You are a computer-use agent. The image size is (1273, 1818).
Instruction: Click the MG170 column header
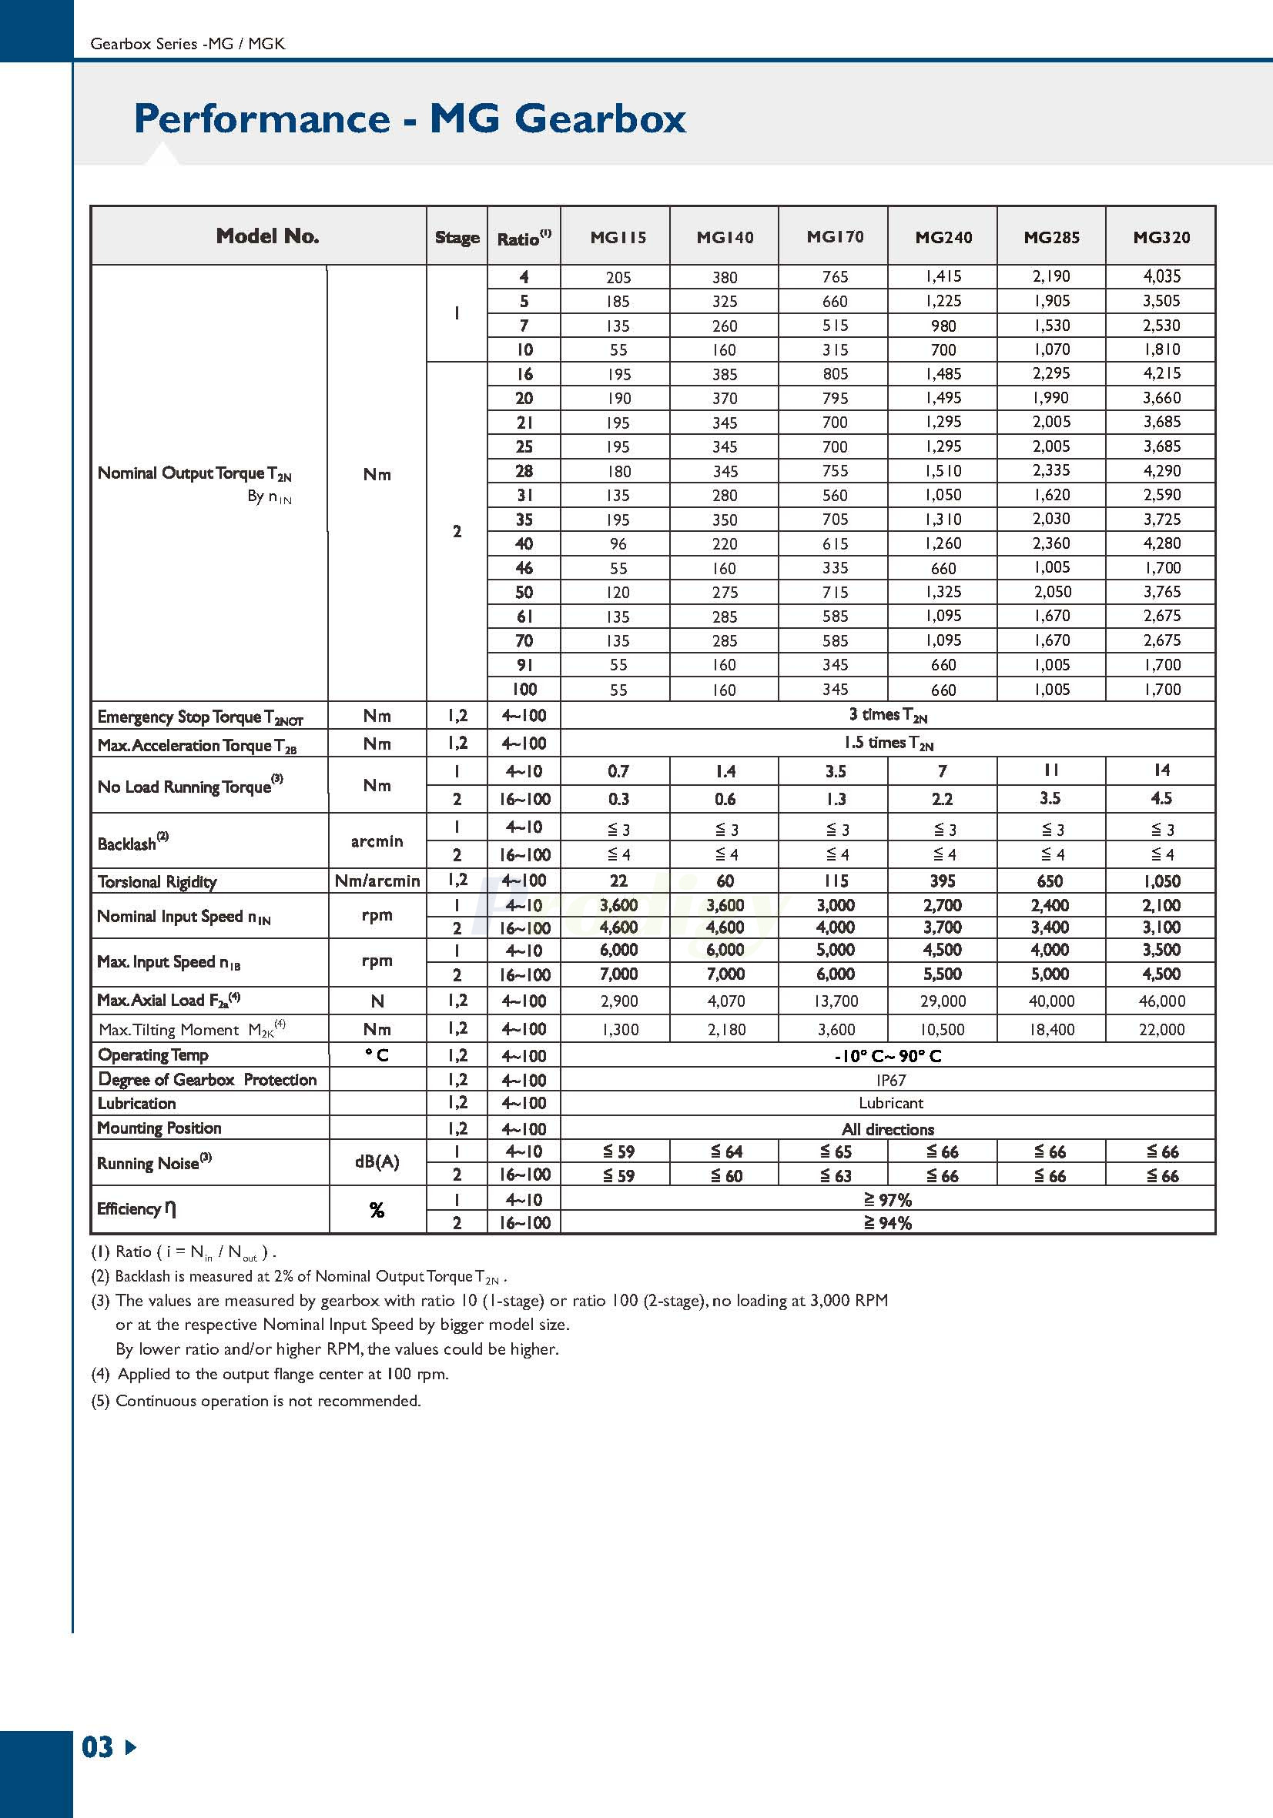[x=834, y=236]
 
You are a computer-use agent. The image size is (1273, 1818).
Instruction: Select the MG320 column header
[x=1161, y=237]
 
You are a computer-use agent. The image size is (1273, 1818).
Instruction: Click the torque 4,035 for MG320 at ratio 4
[x=1161, y=276]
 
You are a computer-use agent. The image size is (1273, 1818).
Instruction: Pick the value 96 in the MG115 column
[x=618, y=544]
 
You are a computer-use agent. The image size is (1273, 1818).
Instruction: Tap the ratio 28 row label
[x=524, y=471]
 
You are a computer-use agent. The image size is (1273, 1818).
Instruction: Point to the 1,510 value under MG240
[x=943, y=471]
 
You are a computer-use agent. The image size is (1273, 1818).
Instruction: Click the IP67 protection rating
[x=890, y=1080]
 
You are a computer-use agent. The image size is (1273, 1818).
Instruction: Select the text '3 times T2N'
[x=887, y=715]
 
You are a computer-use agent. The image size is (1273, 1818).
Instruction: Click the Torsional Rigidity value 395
[x=942, y=881]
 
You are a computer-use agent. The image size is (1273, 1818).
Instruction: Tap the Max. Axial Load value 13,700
[x=835, y=1001]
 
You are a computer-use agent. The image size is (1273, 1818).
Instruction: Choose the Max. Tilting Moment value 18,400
[x=1051, y=1029]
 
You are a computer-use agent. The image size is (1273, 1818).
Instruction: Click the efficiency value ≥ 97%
[x=887, y=1201]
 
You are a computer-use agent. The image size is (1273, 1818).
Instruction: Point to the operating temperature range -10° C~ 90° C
[x=887, y=1056]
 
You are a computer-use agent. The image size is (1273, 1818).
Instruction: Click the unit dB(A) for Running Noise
[x=377, y=1162]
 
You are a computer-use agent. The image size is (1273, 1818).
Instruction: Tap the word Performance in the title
[x=262, y=119]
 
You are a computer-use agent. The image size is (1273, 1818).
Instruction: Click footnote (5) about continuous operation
[x=256, y=1401]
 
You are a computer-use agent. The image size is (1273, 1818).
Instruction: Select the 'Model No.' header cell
[x=267, y=236]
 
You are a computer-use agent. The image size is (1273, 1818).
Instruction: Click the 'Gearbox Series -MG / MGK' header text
[x=188, y=45]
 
